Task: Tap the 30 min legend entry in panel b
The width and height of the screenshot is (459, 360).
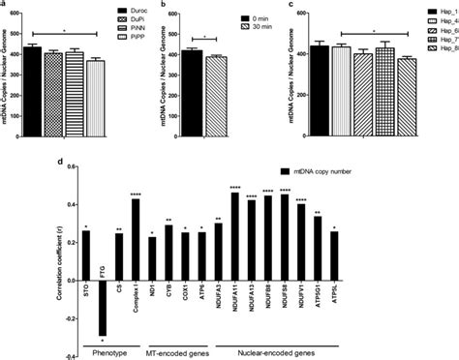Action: pyautogui.click(x=283, y=27)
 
